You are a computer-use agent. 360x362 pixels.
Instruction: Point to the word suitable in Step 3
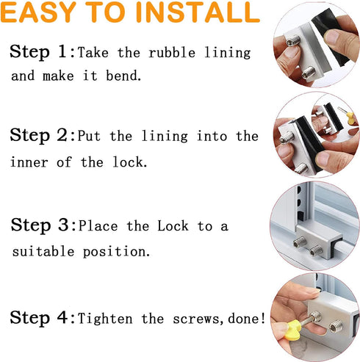[x=44, y=252]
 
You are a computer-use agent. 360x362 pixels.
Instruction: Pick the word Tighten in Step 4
[x=109, y=319]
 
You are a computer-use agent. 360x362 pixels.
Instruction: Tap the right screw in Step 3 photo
[x=317, y=251]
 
